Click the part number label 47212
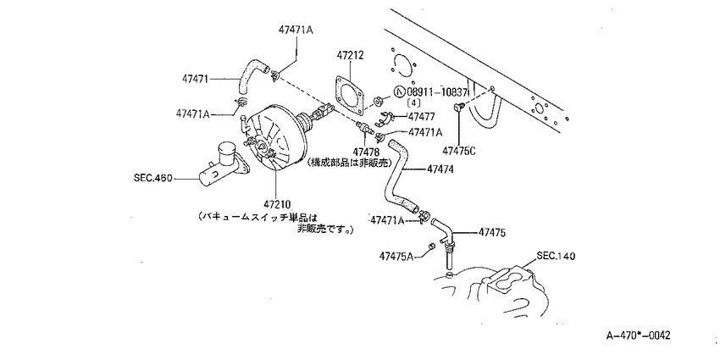click(x=350, y=56)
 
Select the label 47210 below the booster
click(x=277, y=203)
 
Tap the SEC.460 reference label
click(x=152, y=178)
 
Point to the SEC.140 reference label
click(x=556, y=256)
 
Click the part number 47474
click(x=440, y=169)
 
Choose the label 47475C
click(x=459, y=150)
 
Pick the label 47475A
click(x=396, y=256)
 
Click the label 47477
click(x=423, y=117)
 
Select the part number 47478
click(x=366, y=152)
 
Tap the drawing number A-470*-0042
click(x=638, y=335)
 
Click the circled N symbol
click(x=400, y=91)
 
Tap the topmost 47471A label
click(x=296, y=30)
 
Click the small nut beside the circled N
click(x=379, y=100)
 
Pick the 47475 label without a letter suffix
click(x=492, y=233)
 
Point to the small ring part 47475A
click(x=431, y=247)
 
